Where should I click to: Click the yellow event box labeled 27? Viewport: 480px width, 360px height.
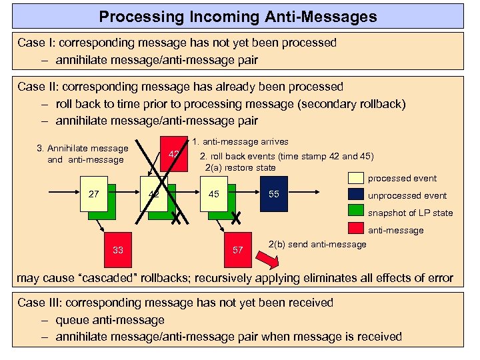[93, 194]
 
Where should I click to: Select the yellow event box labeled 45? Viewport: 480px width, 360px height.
[213, 194]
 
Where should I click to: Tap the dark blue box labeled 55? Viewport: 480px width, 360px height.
[273, 194]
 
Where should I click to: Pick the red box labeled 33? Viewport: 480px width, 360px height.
[117, 250]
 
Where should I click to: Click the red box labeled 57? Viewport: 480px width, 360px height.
[237, 250]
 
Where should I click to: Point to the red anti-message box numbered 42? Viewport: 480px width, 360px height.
[174, 155]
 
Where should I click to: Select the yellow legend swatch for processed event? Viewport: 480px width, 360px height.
[356, 178]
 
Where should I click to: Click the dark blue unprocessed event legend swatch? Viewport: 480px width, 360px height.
[356, 195]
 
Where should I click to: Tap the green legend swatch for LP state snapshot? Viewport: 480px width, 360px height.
[356, 213]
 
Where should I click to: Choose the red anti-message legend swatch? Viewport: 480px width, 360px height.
[356, 230]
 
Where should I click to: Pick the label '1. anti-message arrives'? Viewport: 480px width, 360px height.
[240, 141]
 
